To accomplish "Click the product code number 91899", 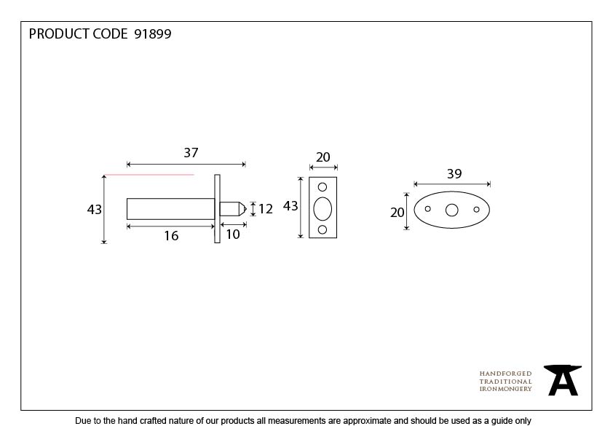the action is [x=153, y=34].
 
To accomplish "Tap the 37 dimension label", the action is [x=191, y=152].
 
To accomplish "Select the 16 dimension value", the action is [x=171, y=236].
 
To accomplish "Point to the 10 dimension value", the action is [x=233, y=234].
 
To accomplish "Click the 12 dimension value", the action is [x=266, y=209].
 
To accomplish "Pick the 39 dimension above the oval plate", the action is [x=454, y=173].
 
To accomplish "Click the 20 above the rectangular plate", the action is [x=323, y=157].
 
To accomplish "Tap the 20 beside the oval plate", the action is [x=398, y=213].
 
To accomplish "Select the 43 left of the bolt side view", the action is [x=94, y=210].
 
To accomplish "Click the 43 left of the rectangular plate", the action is [x=290, y=206].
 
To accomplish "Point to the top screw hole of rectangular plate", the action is [x=323, y=187].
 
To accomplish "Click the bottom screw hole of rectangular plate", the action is [x=323, y=229].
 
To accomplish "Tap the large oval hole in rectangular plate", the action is [x=323, y=208].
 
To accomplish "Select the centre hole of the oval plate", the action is [x=452, y=210].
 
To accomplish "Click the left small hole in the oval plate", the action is [x=427, y=209].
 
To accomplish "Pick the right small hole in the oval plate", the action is [x=476, y=210].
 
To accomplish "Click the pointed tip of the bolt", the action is [x=246, y=209].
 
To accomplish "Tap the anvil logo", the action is [x=563, y=380].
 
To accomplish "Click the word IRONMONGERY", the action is [x=505, y=389].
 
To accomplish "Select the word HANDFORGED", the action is [x=505, y=374].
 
